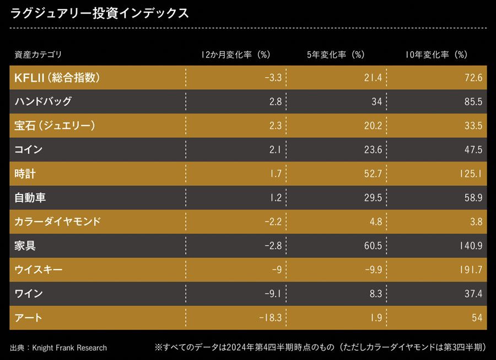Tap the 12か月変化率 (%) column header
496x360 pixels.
(x=235, y=55)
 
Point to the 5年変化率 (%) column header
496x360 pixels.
(x=336, y=55)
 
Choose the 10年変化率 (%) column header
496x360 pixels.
(x=436, y=55)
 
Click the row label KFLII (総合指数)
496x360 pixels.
(x=57, y=78)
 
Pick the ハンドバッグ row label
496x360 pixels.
(x=43, y=101)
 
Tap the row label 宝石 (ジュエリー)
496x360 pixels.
(x=55, y=126)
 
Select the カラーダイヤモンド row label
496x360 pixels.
(x=58, y=222)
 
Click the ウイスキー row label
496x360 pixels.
(x=39, y=270)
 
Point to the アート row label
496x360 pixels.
(x=29, y=318)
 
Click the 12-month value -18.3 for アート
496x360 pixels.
(x=269, y=318)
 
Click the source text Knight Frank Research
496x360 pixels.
(x=69, y=347)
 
